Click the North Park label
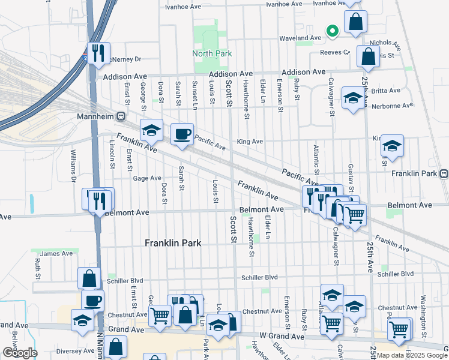click(x=212, y=53)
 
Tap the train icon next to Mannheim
click(x=121, y=116)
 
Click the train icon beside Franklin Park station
click(x=444, y=174)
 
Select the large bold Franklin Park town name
click(x=173, y=243)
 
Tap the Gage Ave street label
click(x=147, y=178)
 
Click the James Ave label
click(x=56, y=254)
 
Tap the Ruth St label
click(x=37, y=269)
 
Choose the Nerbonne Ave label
click(x=392, y=106)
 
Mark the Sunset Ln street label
click(x=194, y=94)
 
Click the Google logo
click(x=19, y=353)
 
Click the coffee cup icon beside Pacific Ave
click(x=182, y=134)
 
